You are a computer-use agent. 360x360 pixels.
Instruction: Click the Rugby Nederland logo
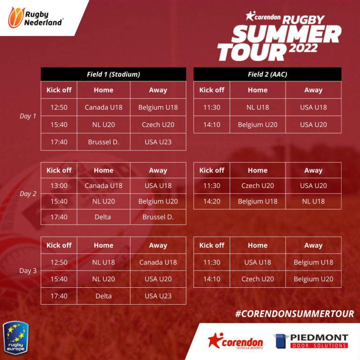point(36,17)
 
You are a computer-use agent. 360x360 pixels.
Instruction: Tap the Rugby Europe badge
point(15,337)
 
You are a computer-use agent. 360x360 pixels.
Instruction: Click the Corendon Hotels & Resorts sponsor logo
point(235,341)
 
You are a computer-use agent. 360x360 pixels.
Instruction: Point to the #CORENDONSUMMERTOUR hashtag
point(294,314)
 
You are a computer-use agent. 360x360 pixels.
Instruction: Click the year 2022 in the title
point(303,48)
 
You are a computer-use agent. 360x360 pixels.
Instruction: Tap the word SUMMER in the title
point(286,34)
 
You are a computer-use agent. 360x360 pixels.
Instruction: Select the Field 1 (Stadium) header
point(113,74)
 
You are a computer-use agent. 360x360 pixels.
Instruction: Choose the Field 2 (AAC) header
point(268,74)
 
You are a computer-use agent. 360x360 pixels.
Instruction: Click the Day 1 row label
point(28,116)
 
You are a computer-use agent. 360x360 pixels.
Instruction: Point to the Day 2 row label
point(28,194)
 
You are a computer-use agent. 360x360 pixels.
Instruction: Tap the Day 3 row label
point(28,270)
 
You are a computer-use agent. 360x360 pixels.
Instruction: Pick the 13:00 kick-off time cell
point(59,186)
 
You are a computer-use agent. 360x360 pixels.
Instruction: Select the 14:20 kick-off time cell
point(212,202)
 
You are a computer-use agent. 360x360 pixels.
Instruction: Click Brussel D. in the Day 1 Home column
point(104,142)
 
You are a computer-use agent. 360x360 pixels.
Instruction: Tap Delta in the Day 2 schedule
point(103,217)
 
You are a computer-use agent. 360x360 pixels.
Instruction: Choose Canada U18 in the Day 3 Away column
point(158,262)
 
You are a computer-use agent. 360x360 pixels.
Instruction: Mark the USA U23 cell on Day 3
point(158,296)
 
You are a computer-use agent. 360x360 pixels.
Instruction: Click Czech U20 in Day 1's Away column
point(158,125)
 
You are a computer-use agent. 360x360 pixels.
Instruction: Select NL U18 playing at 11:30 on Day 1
point(258,107)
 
